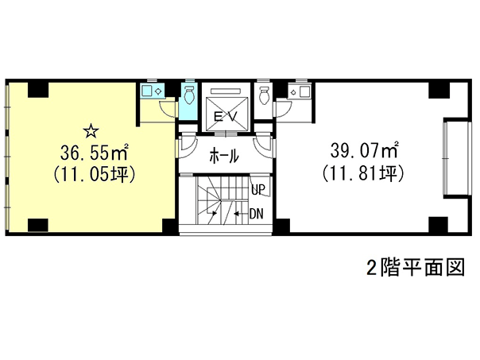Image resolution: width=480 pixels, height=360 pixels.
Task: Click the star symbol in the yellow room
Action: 91,131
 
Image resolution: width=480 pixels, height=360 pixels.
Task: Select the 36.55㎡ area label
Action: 94,153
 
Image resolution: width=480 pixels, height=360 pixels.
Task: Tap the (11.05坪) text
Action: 95,175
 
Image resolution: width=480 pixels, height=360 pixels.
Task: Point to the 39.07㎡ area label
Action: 364,150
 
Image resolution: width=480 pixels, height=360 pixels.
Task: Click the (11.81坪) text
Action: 364,173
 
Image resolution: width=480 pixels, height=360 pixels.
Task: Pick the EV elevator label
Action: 226,117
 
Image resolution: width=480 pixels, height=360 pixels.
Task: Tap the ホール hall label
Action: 224,156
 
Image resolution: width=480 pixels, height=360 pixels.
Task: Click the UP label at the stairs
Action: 257,189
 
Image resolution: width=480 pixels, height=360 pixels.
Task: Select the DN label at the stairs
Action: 256,214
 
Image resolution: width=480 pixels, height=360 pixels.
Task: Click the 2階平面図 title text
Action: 416,267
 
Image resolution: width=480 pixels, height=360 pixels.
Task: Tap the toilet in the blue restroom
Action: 189,95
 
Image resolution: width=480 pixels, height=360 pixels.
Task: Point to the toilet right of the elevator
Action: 263,95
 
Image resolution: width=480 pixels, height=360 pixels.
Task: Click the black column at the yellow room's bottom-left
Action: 38,225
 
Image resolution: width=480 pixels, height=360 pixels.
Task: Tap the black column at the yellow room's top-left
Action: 38,90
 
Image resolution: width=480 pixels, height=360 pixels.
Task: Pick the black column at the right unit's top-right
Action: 438,90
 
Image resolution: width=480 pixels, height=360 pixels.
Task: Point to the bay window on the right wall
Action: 457,158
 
